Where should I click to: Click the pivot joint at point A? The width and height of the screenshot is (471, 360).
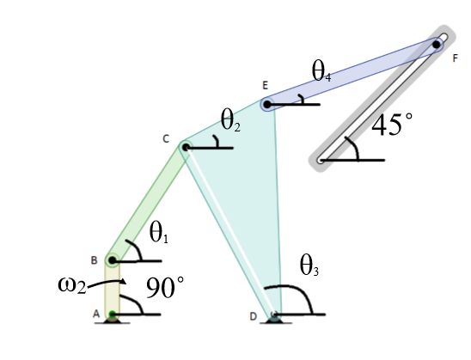point(113,315)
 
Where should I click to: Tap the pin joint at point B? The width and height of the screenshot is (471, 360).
point(113,259)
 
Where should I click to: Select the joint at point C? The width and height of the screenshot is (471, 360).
point(185,147)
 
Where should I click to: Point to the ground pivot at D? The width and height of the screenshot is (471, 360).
point(275,315)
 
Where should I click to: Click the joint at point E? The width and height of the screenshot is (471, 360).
point(267,106)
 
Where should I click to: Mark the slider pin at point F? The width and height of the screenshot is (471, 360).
point(437,44)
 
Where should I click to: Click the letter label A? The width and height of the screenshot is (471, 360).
point(96,315)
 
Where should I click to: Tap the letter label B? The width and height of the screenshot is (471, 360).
point(94,259)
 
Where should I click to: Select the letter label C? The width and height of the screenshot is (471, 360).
point(166,138)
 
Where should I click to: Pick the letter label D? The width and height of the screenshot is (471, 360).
point(254,317)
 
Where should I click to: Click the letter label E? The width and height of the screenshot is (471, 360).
point(266,86)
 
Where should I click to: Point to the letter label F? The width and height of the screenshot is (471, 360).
point(455,58)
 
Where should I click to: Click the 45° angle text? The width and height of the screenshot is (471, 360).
point(391,125)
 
